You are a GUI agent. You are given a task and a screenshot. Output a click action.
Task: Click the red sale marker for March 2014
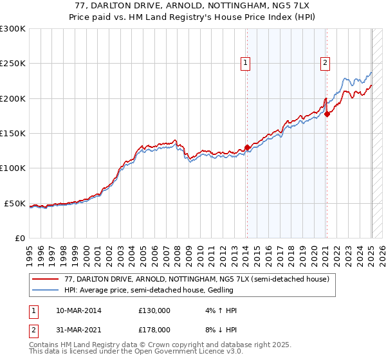(x=247, y=147)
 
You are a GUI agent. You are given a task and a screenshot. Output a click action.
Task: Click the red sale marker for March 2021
(x=327, y=114)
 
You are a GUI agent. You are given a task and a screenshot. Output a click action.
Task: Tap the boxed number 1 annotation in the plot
(x=245, y=63)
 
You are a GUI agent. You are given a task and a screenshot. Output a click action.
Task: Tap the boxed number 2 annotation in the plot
(x=326, y=63)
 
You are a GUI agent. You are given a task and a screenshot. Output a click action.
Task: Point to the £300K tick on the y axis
(x=13, y=29)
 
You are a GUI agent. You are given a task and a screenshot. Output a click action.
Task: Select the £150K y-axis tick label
(x=13, y=134)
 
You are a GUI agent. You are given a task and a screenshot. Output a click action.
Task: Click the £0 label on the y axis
(x=19, y=239)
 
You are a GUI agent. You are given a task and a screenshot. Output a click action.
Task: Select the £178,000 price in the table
(x=154, y=329)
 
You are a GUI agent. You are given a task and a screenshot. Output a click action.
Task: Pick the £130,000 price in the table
(x=154, y=310)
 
